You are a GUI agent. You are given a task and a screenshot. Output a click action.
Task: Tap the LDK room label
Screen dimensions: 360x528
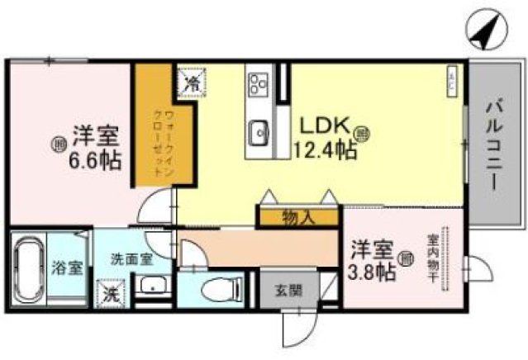click(320, 126)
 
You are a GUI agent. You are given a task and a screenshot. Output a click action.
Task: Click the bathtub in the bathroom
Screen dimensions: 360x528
click(28, 270)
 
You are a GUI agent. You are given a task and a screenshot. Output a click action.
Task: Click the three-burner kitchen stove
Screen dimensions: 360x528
click(258, 83)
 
